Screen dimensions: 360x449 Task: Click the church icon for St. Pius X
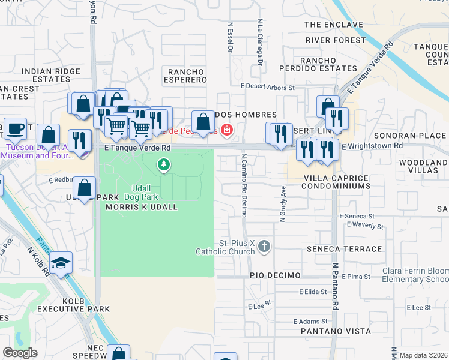coord(265,245)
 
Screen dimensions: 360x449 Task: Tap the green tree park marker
coord(163,164)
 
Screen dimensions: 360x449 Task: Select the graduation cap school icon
coord(61,263)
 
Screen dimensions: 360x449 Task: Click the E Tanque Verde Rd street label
coord(137,147)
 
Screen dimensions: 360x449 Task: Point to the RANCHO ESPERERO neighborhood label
coord(186,76)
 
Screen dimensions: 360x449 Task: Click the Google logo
coord(20,352)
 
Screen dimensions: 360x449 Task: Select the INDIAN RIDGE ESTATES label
coord(50,75)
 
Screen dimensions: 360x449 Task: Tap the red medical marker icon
coord(226,129)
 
